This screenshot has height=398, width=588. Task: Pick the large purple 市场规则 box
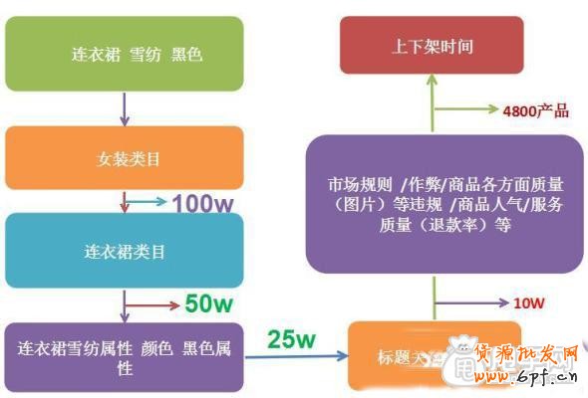[x=444, y=203]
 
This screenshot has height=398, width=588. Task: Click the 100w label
[x=202, y=204]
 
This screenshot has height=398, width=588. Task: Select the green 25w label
[x=292, y=340]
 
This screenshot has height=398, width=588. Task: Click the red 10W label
[x=529, y=301]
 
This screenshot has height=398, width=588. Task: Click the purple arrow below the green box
[x=124, y=108]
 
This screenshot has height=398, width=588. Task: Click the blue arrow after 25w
[x=299, y=358]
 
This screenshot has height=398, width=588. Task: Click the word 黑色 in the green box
[x=186, y=54]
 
